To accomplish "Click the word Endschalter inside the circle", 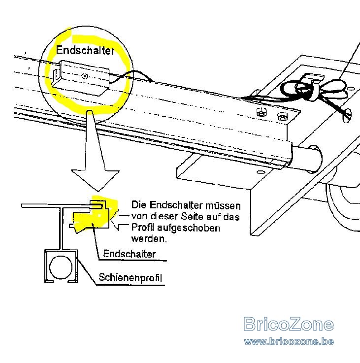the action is coord(85,50).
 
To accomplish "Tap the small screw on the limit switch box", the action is coord(85,76).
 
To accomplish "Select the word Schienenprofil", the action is coord(131,277).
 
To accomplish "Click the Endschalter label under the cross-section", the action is coord(129,254).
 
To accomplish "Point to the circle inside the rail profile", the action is coord(61,267).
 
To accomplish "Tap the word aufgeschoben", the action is coord(189,228).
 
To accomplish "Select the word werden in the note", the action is coord(149,238).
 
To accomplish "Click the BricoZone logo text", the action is coord(289,324).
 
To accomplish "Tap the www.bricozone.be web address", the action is coord(289,341).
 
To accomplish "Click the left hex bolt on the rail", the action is coord(262,112).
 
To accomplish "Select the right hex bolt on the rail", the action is coord(283,116).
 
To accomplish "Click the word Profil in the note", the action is coord(143,228).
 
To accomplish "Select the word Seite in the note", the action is coord(191,216).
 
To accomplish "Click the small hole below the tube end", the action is coord(261,172).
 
